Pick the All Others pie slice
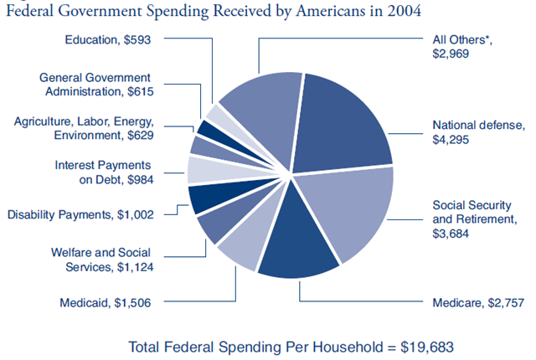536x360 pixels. coord(260,105)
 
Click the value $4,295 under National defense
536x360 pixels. coord(451,140)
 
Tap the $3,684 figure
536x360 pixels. coord(451,234)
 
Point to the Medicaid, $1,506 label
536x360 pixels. coord(105,301)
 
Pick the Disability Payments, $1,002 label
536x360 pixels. coord(80,214)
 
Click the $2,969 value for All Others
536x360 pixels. coord(451,53)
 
